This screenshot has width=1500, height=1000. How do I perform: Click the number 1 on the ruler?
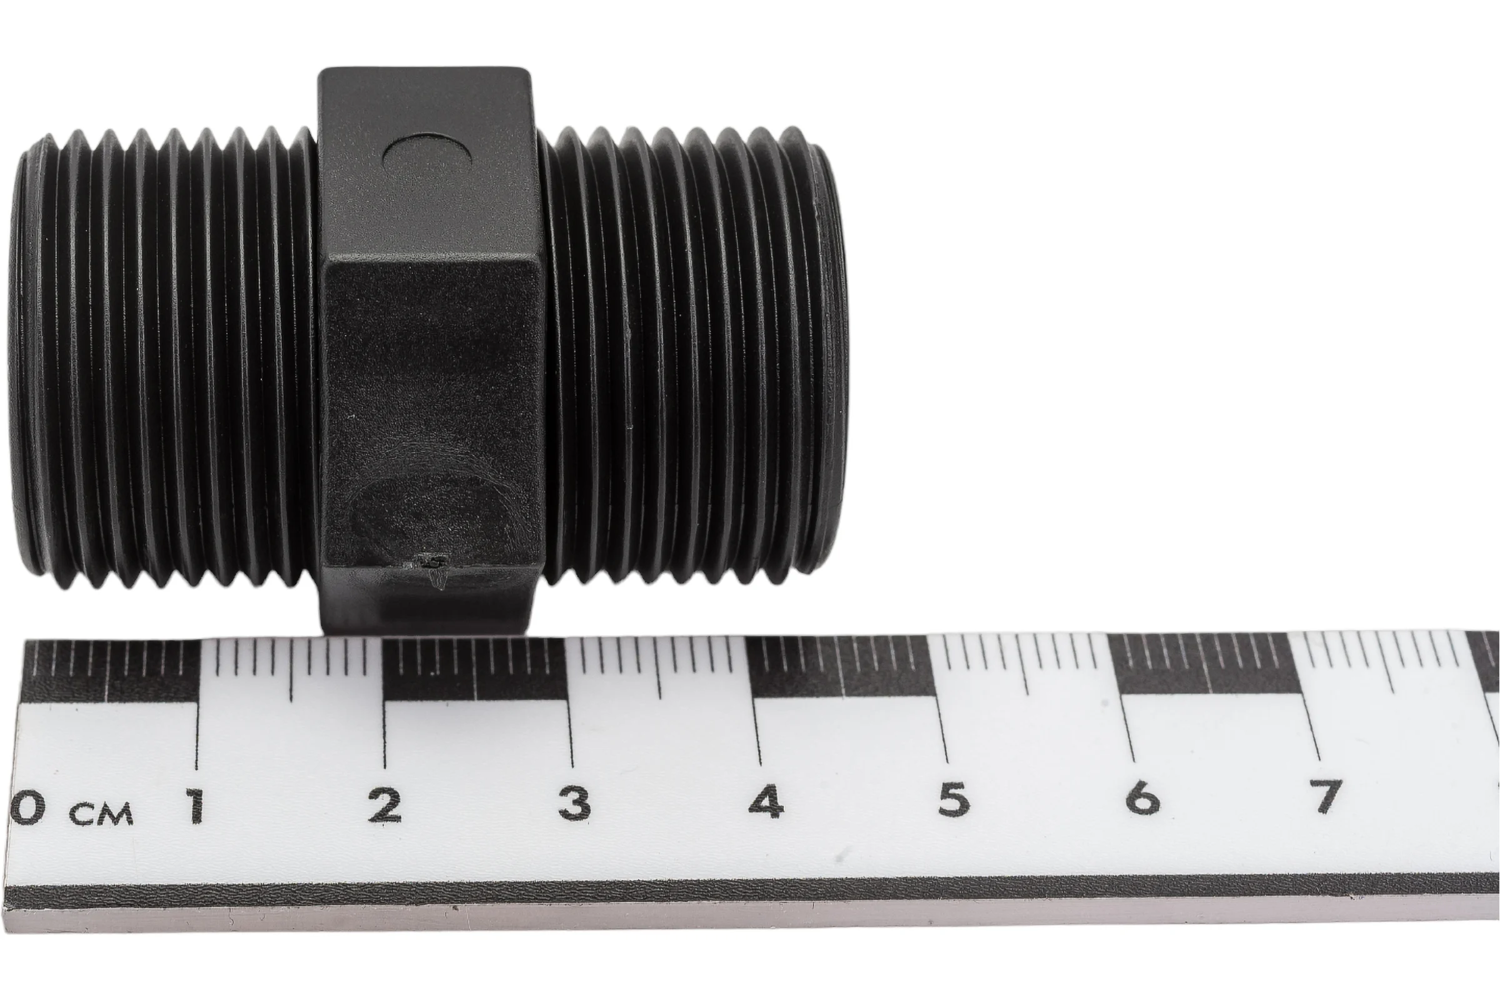(x=195, y=805)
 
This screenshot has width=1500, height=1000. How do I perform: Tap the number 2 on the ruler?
(x=384, y=805)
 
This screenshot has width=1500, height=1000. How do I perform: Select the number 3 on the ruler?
(x=574, y=804)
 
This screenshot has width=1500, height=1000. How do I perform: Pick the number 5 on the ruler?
(x=954, y=800)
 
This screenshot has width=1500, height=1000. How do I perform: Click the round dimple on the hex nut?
(x=427, y=157)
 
